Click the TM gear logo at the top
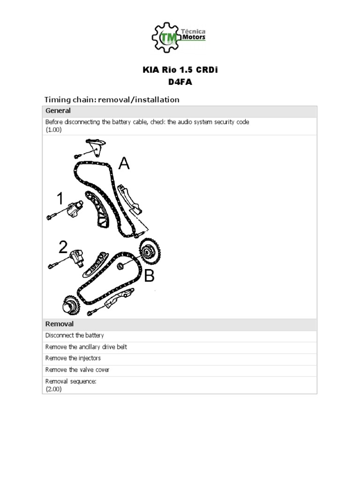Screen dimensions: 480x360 (167, 37)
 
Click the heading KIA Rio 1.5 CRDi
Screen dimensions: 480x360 (180, 70)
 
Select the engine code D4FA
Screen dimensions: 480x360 (180, 82)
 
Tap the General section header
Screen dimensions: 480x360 (58, 111)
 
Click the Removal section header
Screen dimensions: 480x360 (59, 324)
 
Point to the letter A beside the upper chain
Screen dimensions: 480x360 (124, 164)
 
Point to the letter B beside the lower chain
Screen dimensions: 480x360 (149, 277)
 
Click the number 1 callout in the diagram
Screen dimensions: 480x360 (60, 199)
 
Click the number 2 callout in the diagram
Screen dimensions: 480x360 (63, 248)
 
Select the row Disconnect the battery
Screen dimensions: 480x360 (75, 336)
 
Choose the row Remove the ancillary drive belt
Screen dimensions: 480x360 (86, 347)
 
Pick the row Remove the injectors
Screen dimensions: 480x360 (73, 359)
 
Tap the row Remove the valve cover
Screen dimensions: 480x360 (77, 370)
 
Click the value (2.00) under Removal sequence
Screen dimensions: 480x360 (53, 389)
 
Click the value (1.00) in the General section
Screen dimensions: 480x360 (53, 130)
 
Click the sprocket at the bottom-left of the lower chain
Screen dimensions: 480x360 (69, 304)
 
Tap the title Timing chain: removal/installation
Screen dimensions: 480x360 (112, 99)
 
